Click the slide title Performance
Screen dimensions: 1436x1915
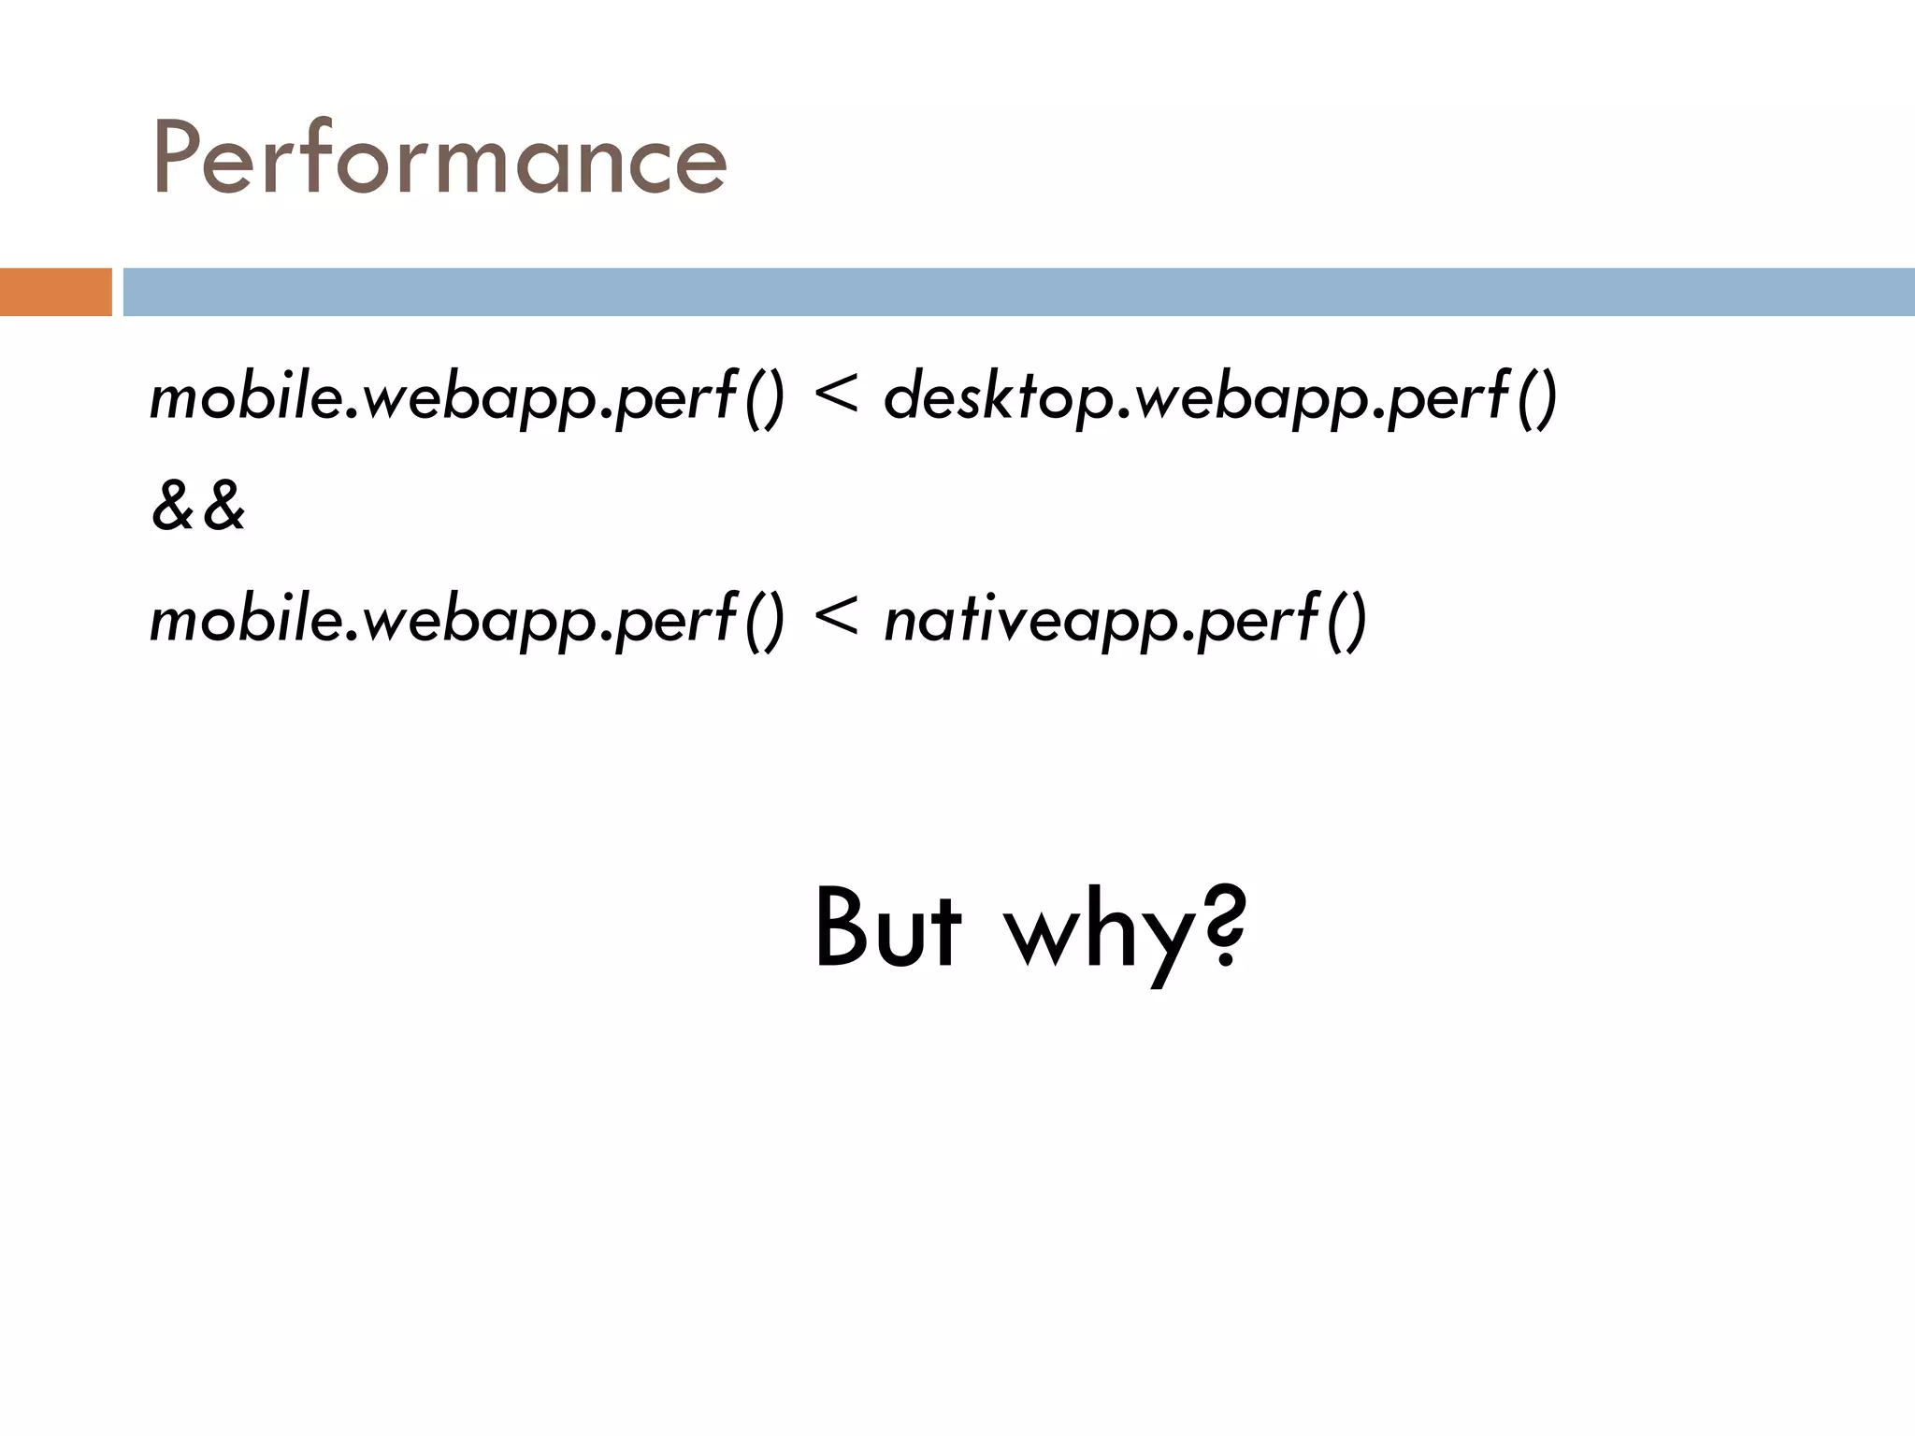tap(439, 159)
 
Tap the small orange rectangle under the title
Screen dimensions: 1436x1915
tap(55, 292)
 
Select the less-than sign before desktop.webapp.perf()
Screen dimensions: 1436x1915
tap(835, 395)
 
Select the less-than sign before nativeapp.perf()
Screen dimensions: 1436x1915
tap(835, 617)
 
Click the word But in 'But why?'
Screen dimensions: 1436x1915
tap(887, 927)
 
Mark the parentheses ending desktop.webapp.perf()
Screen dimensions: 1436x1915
tap(1535, 397)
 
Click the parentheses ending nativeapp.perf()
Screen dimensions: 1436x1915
tap(1346, 619)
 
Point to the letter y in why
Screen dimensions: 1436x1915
tap(1165, 940)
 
